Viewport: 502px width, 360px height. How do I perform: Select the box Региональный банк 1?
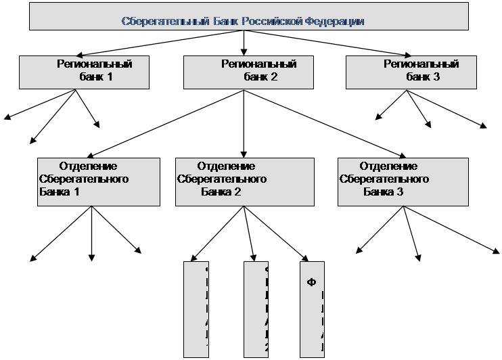click(x=85, y=72)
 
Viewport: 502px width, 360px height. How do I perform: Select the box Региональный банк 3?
click(x=413, y=72)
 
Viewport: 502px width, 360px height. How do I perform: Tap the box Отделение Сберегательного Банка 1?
click(x=99, y=181)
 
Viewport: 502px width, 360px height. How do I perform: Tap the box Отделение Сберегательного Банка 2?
click(x=244, y=181)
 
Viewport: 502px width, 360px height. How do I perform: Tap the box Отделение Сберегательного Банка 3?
click(x=403, y=181)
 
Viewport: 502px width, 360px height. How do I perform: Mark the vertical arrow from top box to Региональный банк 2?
click(x=244, y=42)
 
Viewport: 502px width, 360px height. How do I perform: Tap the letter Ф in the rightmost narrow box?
click(x=312, y=281)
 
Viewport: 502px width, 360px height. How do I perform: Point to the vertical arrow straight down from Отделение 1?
click(x=91, y=233)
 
